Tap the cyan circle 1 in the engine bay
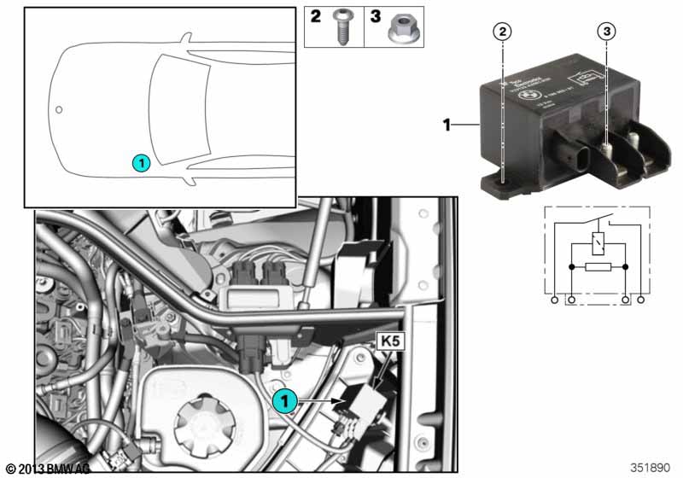point(284,398)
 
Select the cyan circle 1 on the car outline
point(141,161)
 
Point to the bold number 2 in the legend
point(317,17)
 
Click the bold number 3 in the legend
point(374,17)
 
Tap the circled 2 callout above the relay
point(504,32)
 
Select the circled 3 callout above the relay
point(606,32)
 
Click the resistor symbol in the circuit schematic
point(595,267)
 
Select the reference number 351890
point(651,468)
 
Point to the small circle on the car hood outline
point(59,110)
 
